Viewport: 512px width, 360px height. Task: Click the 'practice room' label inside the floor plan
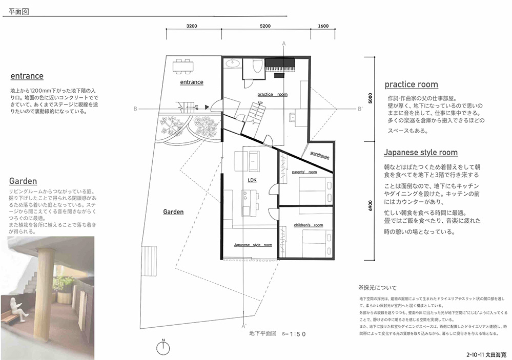pyautogui.click(x=272, y=95)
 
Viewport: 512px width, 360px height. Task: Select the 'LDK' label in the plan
pyautogui.click(x=252, y=180)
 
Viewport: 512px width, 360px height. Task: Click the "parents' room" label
pyautogui.click(x=305, y=173)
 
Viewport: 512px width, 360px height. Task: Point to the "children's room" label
pyautogui.click(x=308, y=225)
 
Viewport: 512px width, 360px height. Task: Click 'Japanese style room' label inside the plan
pyautogui.click(x=253, y=245)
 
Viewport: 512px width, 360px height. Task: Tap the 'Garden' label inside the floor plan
pyautogui.click(x=173, y=211)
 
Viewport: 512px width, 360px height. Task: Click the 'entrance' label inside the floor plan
pyautogui.click(x=192, y=82)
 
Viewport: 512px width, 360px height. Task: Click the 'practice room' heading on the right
pyautogui.click(x=411, y=84)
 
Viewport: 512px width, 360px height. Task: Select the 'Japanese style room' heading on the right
pyautogui.click(x=421, y=153)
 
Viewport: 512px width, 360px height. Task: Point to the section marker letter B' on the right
pyautogui.click(x=360, y=108)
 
